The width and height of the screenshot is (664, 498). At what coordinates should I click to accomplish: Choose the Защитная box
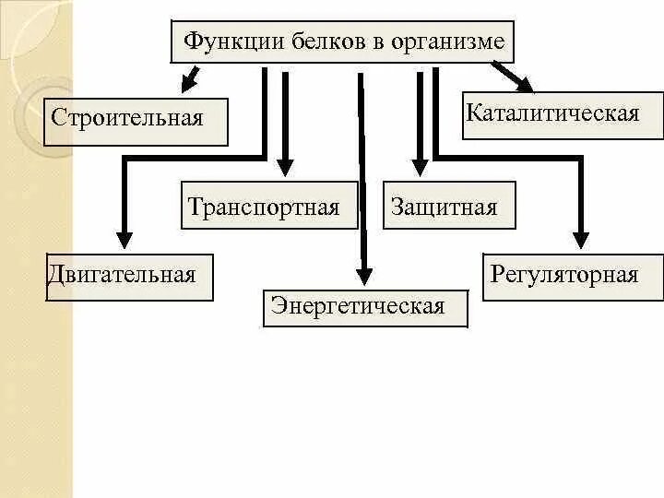pos(448,207)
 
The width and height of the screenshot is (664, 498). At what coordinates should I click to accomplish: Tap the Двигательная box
pos(128,276)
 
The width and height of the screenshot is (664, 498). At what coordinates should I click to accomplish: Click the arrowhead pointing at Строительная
pos(188,83)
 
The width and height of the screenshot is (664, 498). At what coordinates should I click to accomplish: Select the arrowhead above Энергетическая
pos(365,274)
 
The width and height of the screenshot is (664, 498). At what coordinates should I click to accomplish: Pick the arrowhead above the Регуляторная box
pos(580,239)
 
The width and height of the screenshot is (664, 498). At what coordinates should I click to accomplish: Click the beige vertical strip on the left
pos(37,369)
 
